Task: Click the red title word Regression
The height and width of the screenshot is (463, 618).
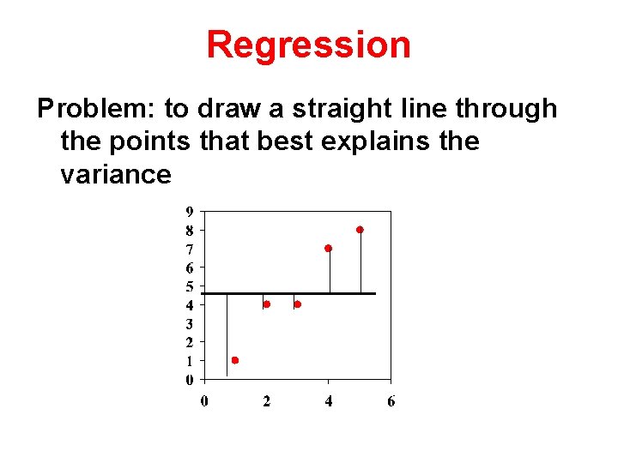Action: (x=308, y=45)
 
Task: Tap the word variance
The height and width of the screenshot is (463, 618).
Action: (x=116, y=175)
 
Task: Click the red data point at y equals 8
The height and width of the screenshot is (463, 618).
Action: (x=360, y=230)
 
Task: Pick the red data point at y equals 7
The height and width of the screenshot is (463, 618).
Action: (x=328, y=248)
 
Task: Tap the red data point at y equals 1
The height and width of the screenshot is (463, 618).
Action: (x=234, y=360)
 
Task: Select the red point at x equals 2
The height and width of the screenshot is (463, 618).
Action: (x=266, y=304)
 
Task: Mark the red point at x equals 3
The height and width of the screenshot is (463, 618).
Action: (x=297, y=304)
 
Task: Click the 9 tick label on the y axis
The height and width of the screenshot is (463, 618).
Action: (x=189, y=212)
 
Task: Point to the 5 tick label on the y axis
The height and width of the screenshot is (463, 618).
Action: (x=189, y=286)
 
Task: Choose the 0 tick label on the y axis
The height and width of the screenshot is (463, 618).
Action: (x=189, y=380)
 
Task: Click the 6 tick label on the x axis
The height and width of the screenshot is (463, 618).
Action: (x=391, y=401)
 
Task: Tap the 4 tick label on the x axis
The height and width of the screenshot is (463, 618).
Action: (x=329, y=401)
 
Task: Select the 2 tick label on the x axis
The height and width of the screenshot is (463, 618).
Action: (x=266, y=401)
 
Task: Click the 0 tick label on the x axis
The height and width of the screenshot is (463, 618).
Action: (x=204, y=401)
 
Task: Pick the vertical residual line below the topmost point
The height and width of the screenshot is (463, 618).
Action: (x=360, y=262)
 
